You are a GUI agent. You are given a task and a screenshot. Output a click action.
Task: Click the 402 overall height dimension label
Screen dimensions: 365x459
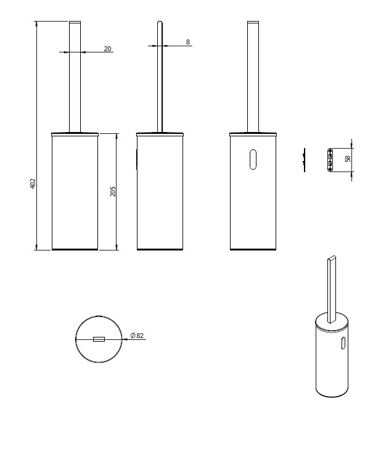pos(33,183)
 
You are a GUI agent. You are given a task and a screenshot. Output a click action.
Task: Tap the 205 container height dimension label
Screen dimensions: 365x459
pos(113,191)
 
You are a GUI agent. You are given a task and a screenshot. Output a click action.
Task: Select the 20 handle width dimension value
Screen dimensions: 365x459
pos(108,49)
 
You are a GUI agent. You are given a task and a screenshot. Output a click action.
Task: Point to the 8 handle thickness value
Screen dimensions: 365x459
pos(188,42)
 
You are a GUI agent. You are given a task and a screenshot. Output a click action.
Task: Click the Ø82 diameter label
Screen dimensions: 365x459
pos(137,335)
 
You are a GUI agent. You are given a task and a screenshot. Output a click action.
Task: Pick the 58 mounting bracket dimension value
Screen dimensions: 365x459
pos(348,159)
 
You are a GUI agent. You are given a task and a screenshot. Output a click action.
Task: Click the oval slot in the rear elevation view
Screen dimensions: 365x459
pos(253,160)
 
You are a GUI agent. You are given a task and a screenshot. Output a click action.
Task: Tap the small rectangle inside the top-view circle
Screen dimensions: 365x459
pos(99,339)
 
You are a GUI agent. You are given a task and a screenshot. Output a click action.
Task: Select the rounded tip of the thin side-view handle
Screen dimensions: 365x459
pos(160,22)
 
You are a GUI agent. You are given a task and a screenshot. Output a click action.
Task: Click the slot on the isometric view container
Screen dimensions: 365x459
pos(343,343)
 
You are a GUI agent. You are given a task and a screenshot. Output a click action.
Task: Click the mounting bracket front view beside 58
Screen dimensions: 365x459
pos(330,160)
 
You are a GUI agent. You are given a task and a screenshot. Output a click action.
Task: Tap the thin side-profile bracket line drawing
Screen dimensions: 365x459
pos(305,160)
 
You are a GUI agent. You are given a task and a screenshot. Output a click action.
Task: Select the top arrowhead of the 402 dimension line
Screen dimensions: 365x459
pos(36,24)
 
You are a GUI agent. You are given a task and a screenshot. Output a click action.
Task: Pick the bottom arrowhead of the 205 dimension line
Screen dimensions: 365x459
pos(117,247)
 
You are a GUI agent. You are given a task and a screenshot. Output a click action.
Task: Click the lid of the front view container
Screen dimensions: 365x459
pos(75,134)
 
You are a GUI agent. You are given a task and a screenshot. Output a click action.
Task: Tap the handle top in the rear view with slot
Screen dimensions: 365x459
pos(253,22)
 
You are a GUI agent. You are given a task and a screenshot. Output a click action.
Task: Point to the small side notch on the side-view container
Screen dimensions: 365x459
pos(137,160)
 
